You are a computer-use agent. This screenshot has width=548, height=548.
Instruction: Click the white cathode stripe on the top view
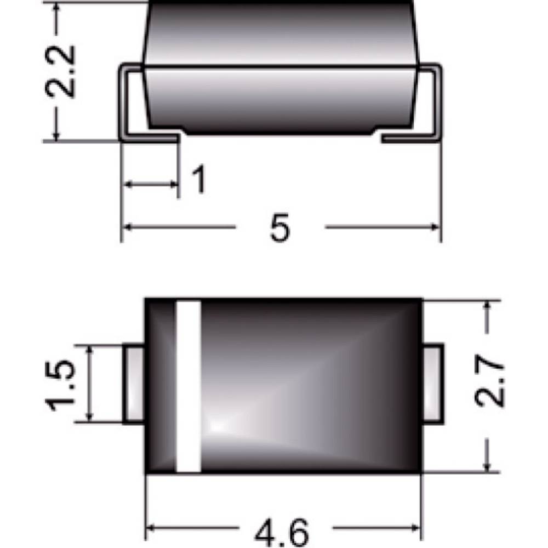click(187, 386)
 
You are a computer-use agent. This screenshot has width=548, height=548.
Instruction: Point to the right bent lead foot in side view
click(411, 139)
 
